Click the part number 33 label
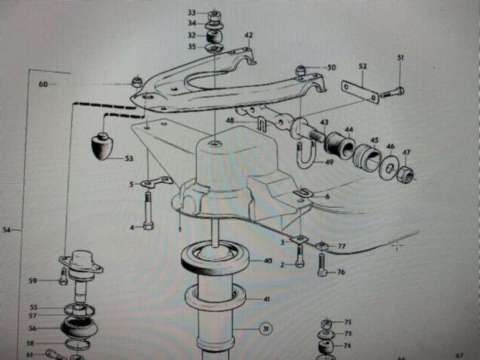191,12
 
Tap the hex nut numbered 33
215,16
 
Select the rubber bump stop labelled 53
102,146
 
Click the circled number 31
266,328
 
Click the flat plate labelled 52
360,92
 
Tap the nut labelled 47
405,174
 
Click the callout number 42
248,35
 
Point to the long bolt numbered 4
148,211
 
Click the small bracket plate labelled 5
156,182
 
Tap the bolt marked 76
323,265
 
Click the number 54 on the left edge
6,230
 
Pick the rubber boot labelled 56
79,327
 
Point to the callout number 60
43,84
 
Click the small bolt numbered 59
63,276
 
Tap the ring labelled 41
215,298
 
